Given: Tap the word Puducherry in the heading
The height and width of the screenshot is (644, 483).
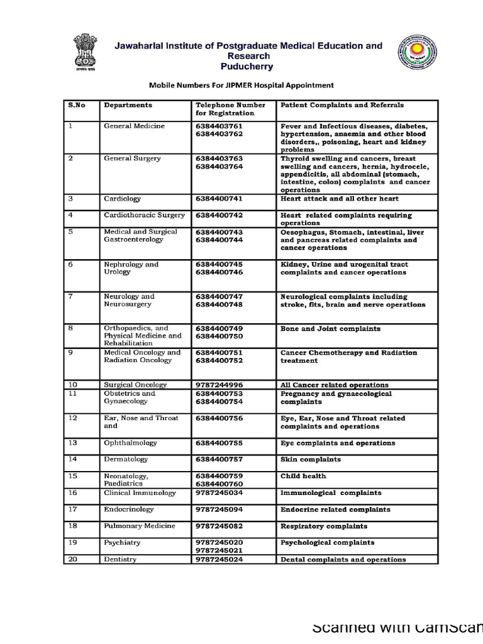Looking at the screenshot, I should [247, 65].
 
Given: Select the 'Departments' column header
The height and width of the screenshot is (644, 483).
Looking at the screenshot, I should [128, 106].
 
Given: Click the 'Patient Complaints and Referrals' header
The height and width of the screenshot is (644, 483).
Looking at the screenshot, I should [342, 106].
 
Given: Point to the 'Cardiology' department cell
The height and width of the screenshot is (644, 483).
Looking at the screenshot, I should [123, 199].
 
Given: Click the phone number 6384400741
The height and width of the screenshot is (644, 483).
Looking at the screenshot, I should [219, 199].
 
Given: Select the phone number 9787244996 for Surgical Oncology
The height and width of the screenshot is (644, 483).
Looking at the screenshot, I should [219, 385].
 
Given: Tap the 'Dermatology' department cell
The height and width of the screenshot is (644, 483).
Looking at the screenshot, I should [126, 460].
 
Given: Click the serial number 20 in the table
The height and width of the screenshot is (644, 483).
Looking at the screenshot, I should [72, 559].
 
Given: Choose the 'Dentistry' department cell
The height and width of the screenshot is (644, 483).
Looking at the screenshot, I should [120, 559].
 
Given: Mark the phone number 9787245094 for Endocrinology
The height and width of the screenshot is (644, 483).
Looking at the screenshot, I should [219, 509].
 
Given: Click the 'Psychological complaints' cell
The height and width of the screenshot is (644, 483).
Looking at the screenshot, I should [327, 542].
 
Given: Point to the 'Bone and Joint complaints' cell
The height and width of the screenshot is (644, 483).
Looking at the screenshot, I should [330, 329].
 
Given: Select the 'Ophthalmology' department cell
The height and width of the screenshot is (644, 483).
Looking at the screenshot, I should [130, 443].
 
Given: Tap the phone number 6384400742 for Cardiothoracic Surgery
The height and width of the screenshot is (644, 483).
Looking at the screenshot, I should [219, 215].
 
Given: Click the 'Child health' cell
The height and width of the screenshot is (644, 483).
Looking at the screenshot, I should [303, 477].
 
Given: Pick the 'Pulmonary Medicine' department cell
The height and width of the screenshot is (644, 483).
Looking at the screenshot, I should [140, 526].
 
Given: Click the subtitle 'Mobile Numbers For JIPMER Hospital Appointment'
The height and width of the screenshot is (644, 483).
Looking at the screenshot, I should [241, 85].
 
